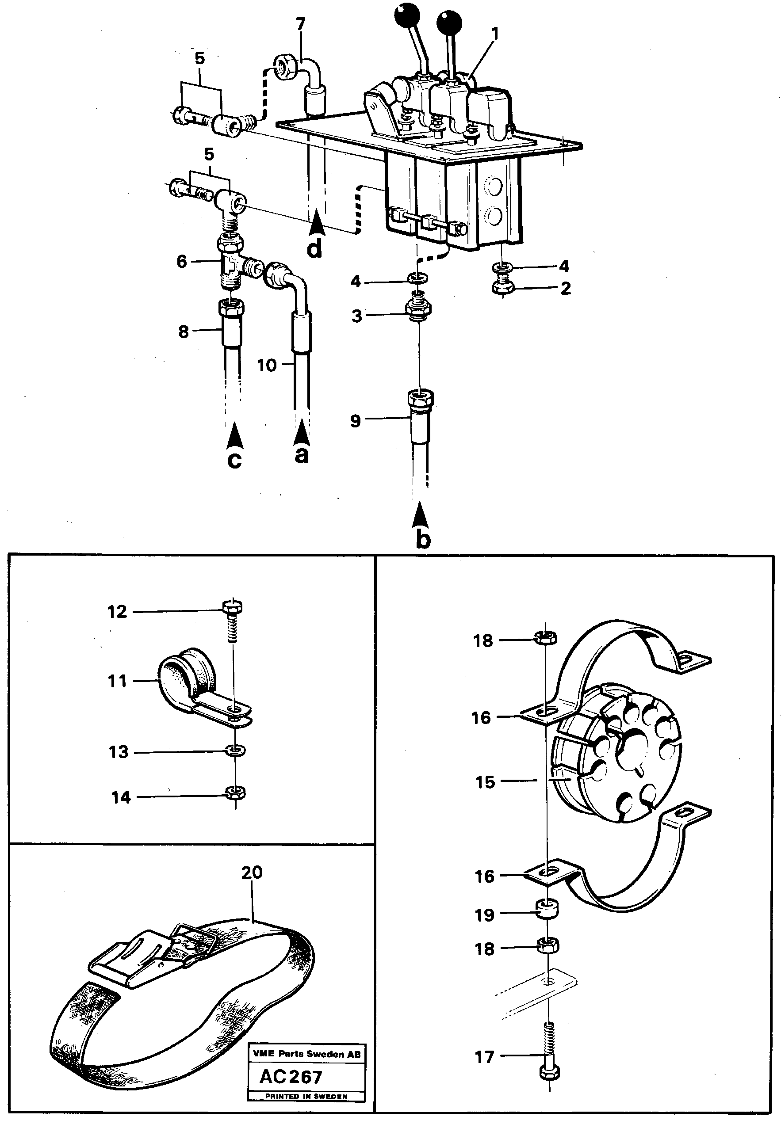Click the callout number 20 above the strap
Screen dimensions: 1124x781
pyautogui.click(x=252, y=873)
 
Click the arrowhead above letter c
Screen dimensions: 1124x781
pyautogui.click(x=235, y=436)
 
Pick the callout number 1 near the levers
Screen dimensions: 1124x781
pyautogui.click(x=495, y=34)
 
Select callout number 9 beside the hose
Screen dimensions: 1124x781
pyautogui.click(x=355, y=421)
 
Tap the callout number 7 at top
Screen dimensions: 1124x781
pyautogui.click(x=300, y=24)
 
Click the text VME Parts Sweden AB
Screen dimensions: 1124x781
pyautogui.click(x=306, y=1054)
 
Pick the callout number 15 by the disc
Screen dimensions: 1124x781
pyautogui.click(x=486, y=781)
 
